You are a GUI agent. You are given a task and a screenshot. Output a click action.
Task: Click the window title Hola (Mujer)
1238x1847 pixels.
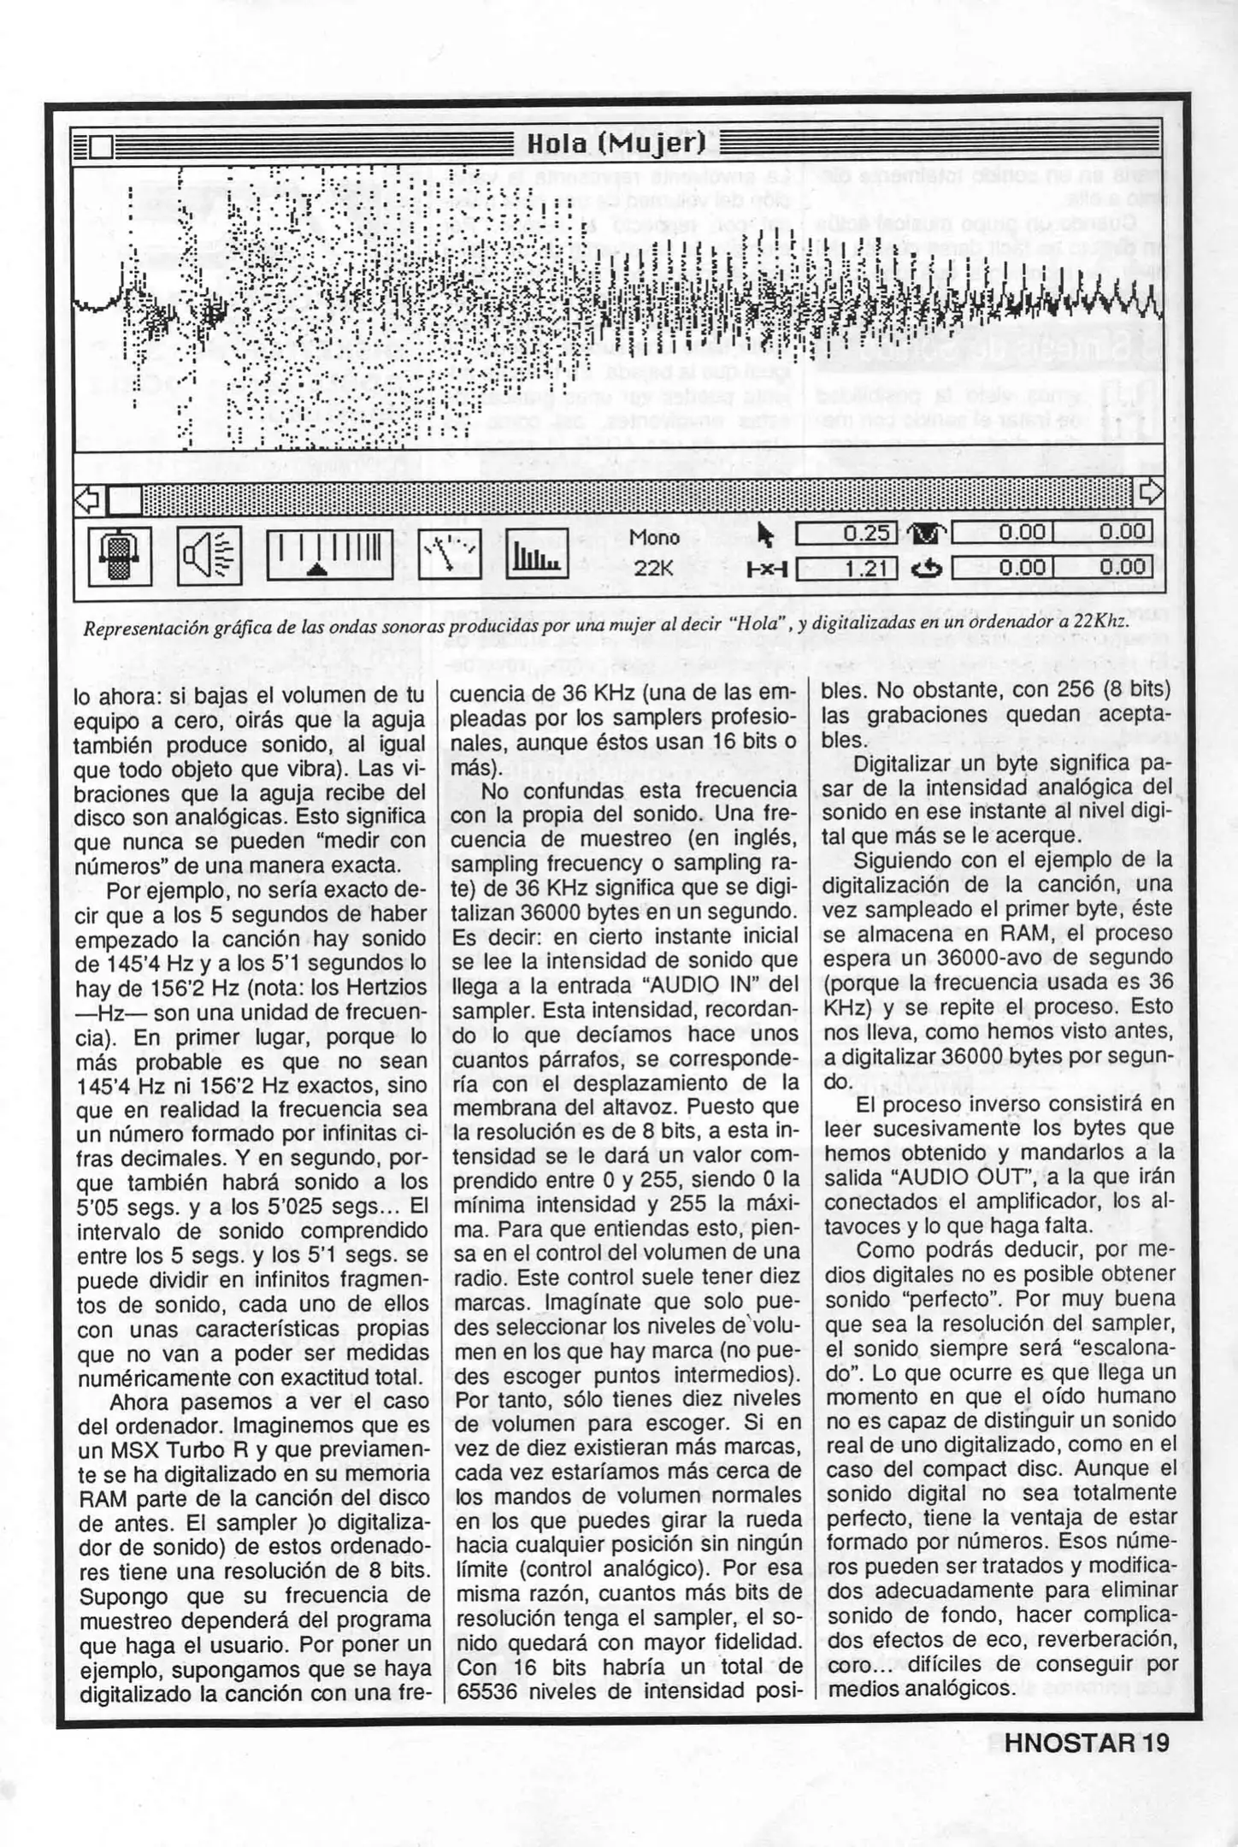point(616,144)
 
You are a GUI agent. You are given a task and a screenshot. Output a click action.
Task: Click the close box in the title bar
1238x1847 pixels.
point(101,147)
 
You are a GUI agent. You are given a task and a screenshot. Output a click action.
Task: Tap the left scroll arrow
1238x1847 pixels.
point(89,498)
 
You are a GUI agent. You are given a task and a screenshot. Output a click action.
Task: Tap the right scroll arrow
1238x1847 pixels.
point(1151,492)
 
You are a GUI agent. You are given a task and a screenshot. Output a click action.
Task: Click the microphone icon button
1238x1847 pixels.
point(120,556)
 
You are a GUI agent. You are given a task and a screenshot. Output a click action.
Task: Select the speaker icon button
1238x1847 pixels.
point(210,554)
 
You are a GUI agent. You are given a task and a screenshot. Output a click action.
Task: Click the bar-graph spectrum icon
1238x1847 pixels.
point(537,554)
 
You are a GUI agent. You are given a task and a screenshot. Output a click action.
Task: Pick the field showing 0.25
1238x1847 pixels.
point(846,534)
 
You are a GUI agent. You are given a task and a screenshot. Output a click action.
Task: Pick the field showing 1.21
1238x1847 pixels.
point(846,567)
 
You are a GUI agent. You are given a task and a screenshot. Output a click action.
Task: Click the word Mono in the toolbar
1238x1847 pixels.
point(654,538)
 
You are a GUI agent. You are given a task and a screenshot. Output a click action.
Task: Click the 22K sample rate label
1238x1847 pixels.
point(654,568)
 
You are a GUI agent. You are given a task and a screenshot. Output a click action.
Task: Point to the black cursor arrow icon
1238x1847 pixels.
point(766,535)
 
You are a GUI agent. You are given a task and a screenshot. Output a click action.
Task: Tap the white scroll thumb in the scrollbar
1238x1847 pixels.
point(125,499)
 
